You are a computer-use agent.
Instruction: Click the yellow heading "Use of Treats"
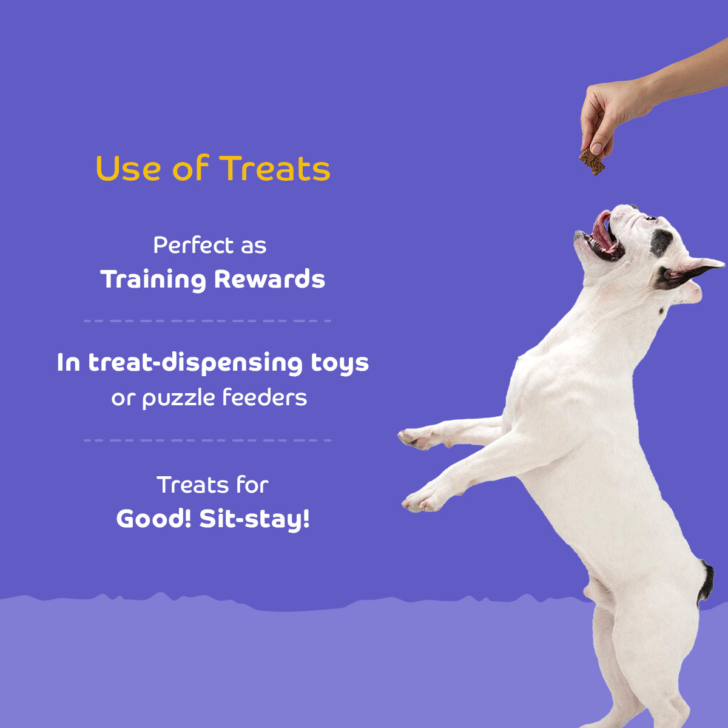[x=213, y=169]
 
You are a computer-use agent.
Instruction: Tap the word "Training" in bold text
[x=153, y=280]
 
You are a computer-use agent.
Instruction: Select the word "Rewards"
[x=269, y=280]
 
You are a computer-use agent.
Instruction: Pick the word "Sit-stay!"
[x=255, y=519]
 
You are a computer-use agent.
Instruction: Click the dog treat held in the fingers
[x=592, y=161]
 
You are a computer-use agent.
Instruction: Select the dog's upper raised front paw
[x=415, y=437]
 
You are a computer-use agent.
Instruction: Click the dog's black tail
[x=706, y=581]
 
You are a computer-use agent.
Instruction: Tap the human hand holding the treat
[x=607, y=112]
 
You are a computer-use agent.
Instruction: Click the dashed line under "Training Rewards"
[x=207, y=320]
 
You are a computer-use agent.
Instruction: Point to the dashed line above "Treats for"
[x=207, y=440]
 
